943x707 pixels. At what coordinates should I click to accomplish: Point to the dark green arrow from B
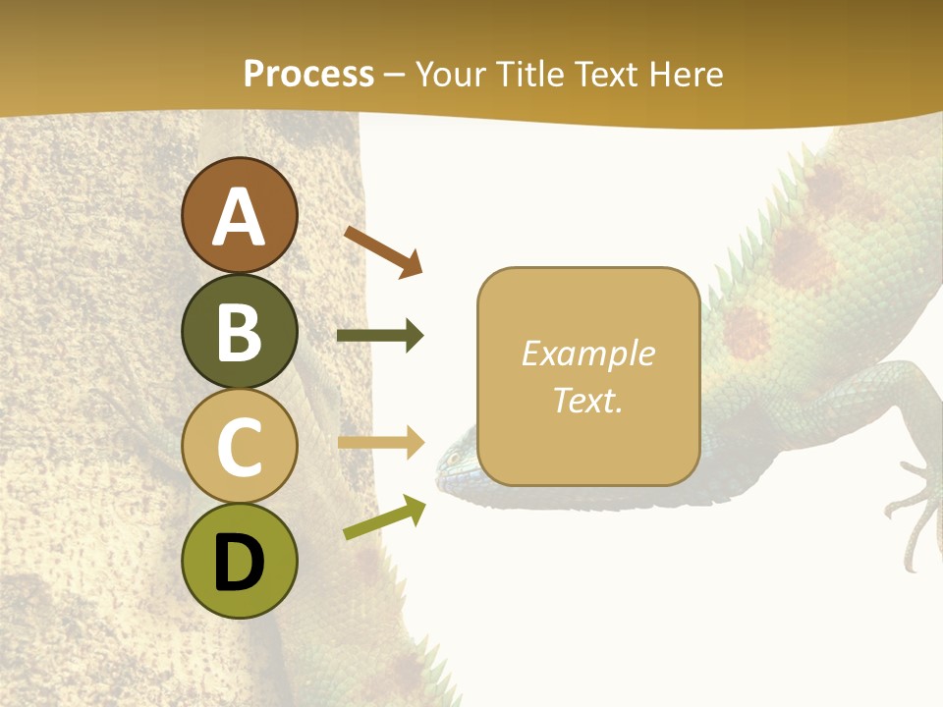[380, 336]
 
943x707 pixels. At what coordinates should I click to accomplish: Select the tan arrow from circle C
[380, 443]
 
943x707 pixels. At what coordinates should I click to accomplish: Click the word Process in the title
[308, 74]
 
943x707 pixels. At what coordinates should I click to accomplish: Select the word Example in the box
[587, 353]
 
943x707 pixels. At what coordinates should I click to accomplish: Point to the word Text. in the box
[587, 400]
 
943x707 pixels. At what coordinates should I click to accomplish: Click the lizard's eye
[455, 458]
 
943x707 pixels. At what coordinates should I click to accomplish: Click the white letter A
[240, 217]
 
